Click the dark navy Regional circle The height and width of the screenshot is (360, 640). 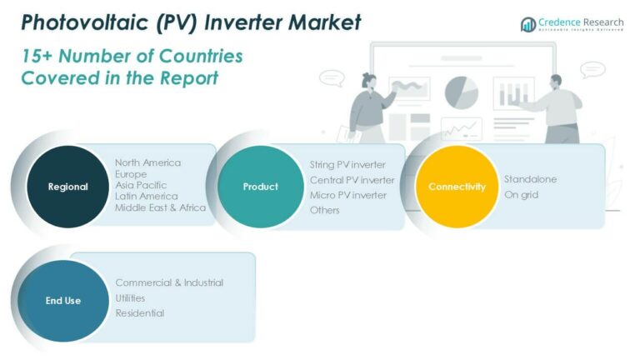[x=67, y=187]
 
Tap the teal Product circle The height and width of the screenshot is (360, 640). [x=260, y=187]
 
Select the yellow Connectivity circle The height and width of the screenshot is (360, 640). [x=457, y=187]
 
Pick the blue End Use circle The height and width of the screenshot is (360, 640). [x=63, y=300]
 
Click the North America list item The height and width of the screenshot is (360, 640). [x=147, y=162]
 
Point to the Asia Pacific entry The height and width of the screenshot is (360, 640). [x=141, y=185]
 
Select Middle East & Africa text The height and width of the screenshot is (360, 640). [x=160, y=207]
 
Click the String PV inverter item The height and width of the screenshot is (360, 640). [x=347, y=164]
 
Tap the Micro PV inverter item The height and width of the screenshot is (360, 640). [x=348, y=195]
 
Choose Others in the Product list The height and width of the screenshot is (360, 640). [x=325, y=210]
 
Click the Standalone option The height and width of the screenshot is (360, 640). [x=530, y=179]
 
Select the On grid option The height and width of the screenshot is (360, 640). [x=521, y=194]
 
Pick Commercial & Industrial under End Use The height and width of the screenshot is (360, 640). [x=169, y=282]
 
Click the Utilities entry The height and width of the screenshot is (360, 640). [x=130, y=297]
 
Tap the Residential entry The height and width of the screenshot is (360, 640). [x=139, y=313]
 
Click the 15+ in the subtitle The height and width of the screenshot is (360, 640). [x=37, y=57]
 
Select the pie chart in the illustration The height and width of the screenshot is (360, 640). [x=461, y=92]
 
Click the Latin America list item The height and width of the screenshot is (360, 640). [x=147, y=196]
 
